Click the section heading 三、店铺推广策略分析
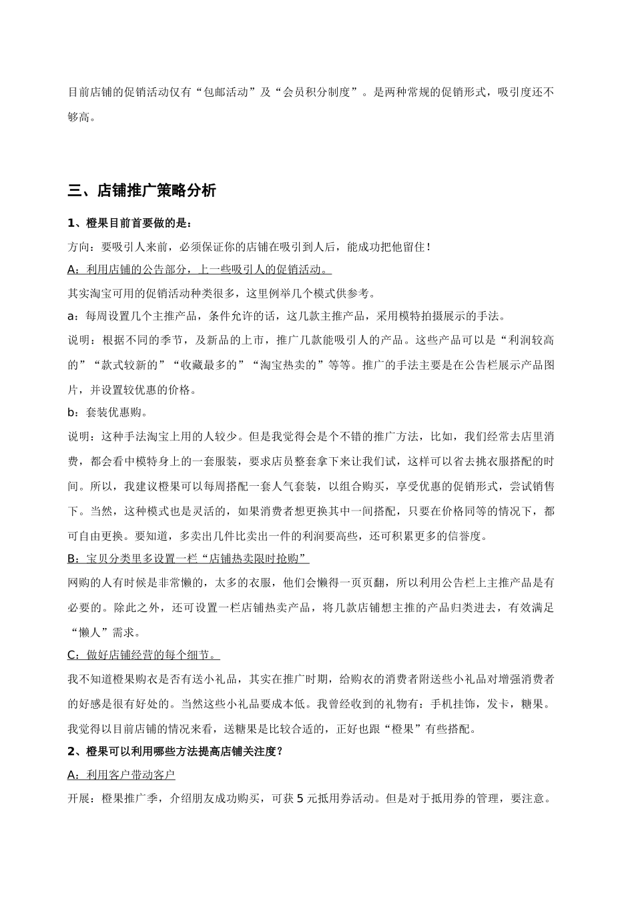point(142,191)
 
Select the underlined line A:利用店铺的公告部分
point(199,270)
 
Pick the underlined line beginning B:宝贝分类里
point(188,558)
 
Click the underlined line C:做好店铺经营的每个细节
point(144,655)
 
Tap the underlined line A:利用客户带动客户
point(121,775)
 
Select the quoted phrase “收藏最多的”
point(208,365)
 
